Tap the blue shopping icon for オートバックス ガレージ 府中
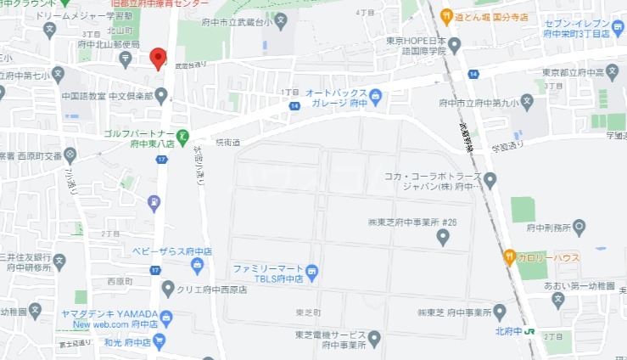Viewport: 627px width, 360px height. pyautogui.click(x=375, y=96)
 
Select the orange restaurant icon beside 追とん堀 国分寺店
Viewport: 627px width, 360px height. pyautogui.click(x=445, y=14)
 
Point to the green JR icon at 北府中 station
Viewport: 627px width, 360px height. pyautogui.click(x=528, y=330)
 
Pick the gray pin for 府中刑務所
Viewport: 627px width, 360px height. pyautogui.click(x=579, y=226)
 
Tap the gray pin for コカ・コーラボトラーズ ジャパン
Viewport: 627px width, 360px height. pyautogui.click(x=490, y=179)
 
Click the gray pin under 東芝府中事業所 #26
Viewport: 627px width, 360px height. pyautogui.click(x=442, y=239)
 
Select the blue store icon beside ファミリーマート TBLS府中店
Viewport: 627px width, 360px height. pyautogui.click(x=312, y=273)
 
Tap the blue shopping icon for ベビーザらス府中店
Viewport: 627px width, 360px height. pyautogui.click(x=197, y=267)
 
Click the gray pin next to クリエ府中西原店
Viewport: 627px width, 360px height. pyautogui.click(x=168, y=289)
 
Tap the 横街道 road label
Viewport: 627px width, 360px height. pyautogui.click(x=228, y=141)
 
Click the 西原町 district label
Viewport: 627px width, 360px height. pyautogui.click(x=120, y=281)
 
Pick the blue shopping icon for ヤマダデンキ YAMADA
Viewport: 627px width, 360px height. pyautogui.click(x=165, y=318)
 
